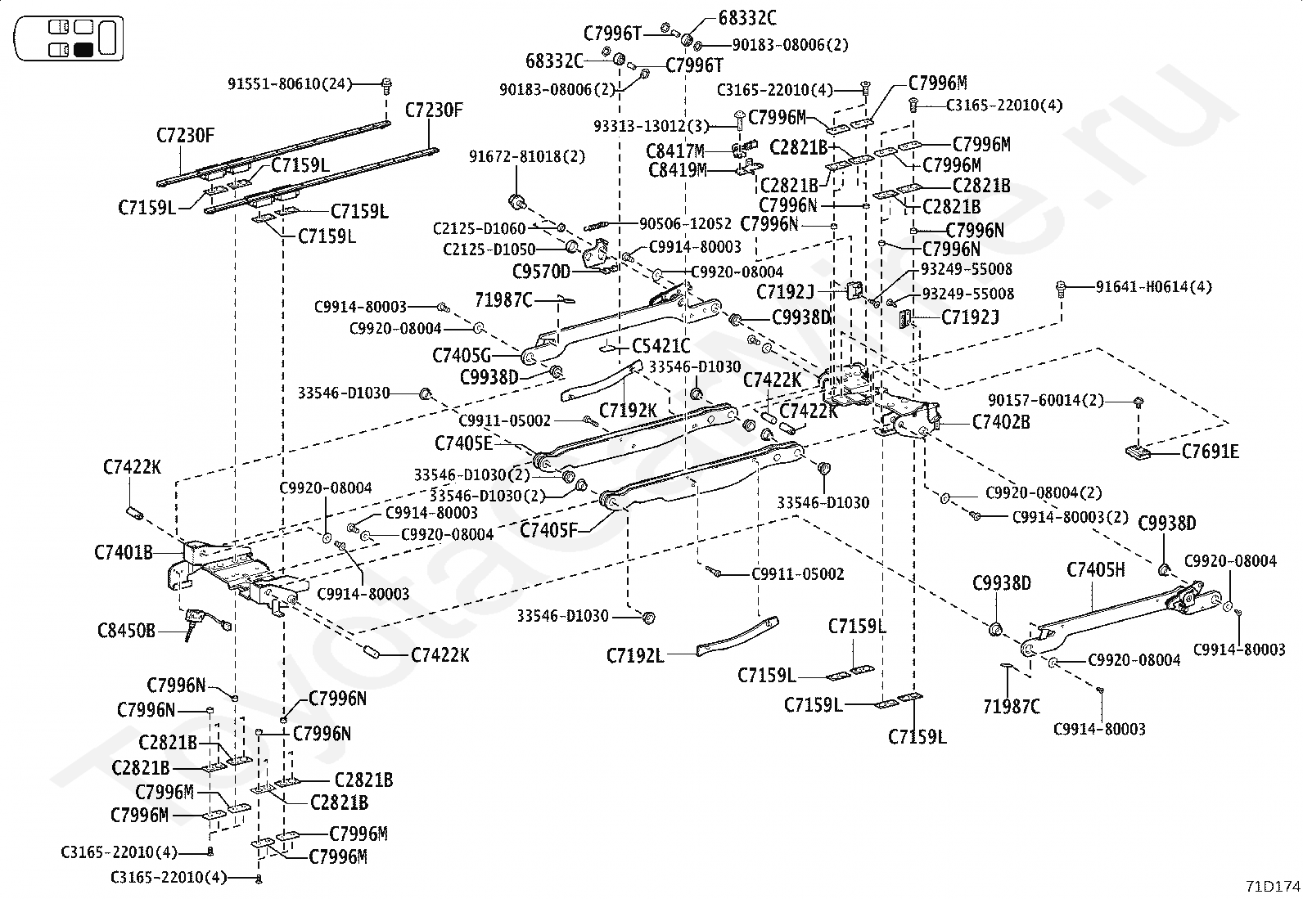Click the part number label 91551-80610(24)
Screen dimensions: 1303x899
(x=290, y=84)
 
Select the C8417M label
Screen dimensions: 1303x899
(x=674, y=152)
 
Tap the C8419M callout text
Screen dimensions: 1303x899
(x=677, y=170)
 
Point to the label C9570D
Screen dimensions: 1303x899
(x=541, y=272)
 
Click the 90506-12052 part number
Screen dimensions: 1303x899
(x=685, y=224)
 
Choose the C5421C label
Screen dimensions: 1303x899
(x=661, y=347)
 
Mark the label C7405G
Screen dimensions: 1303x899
(x=462, y=355)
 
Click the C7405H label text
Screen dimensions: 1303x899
(x=1096, y=570)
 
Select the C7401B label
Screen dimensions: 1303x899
(x=124, y=552)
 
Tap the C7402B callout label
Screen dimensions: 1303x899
(x=1000, y=422)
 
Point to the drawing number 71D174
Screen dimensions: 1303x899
(x=1273, y=886)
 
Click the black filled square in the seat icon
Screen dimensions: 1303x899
(x=83, y=50)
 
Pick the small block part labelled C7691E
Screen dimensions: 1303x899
(x=1138, y=452)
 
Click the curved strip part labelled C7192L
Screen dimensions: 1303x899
(x=737, y=636)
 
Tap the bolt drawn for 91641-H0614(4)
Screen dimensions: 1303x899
(x=1061, y=286)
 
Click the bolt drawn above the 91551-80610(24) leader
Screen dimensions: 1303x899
(x=385, y=85)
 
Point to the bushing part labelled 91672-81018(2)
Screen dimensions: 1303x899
(x=517, y=202)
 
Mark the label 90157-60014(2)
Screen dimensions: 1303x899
(x=1046, y=401)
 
